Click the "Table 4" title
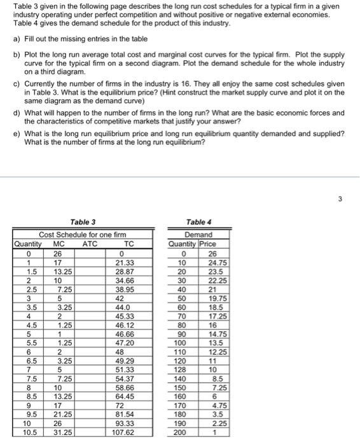tap(197, 222)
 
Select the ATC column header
tap(90, 243)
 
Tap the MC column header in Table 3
tap(58, 243)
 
